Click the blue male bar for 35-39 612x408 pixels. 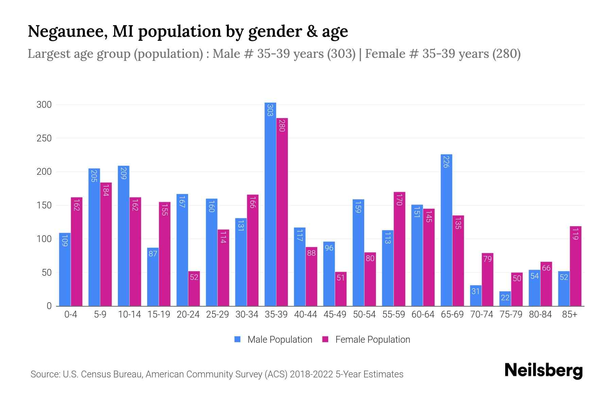[x=270, y=204]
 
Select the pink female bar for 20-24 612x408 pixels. [x=194, y=289]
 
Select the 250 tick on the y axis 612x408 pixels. [x=44, y=138]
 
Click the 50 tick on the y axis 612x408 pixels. [x=46, y=273]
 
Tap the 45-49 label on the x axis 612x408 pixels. [x=335, y=314]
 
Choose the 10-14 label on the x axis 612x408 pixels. [x=129, y=314]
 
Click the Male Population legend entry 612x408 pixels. [x=279, y=340]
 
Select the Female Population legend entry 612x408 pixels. [x=372, y=340]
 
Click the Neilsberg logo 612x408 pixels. [x=543, y=371]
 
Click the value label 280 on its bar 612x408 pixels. [x=282, y=125]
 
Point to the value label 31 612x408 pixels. [x=475, y=291]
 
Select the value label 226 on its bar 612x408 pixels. [x=446, y=161]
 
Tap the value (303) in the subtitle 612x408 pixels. [x=341, y=54]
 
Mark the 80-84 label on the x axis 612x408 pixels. [x=540, y=314]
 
